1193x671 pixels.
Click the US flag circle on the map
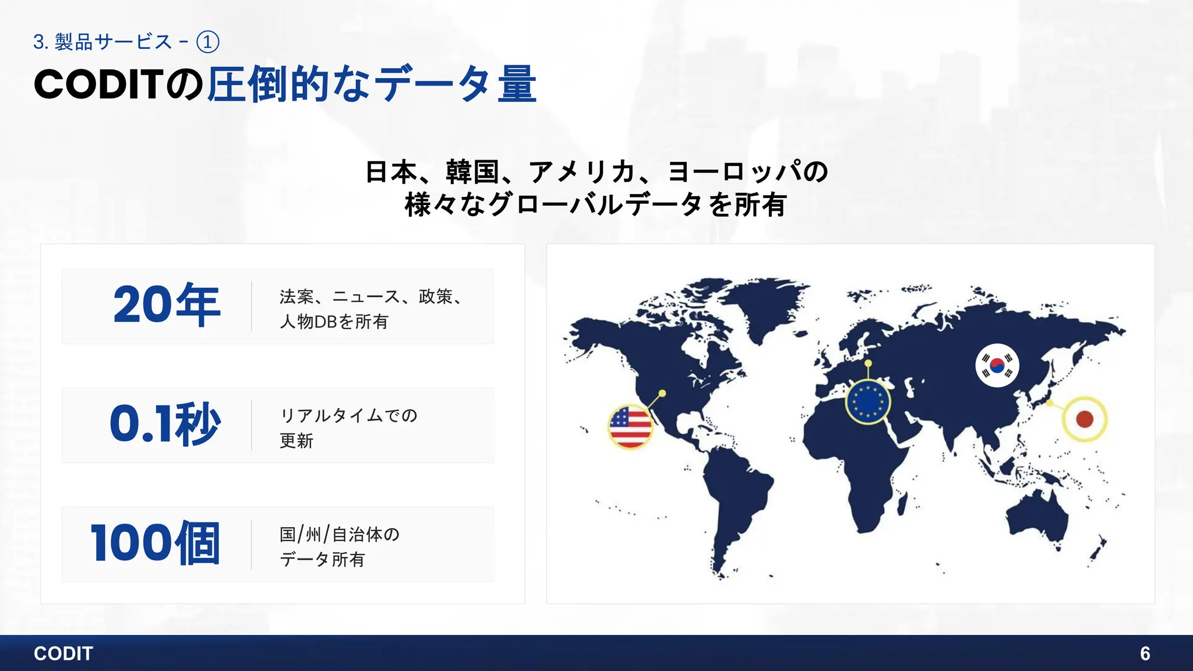tap(630, 427)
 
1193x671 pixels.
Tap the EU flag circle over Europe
tap(868, 402)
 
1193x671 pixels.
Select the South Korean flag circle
tap(997, 366)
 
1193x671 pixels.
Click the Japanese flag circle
tap(1084, 419)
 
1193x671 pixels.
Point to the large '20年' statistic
tap(167, 305)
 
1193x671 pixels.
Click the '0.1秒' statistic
tap(165, 424)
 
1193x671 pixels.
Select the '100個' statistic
tap(156, 543)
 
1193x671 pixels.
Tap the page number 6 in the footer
tap(1145, 654)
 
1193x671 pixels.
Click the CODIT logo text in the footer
tap(63, 654)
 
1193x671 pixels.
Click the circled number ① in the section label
tap(208, 42)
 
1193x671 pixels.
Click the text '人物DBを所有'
tap(334, 322)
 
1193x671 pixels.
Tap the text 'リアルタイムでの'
tap(349, 415)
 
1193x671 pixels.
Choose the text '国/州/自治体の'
tap(340, 534)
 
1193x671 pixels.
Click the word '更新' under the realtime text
tap(297, 441)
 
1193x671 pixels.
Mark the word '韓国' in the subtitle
tap(472, 172)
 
